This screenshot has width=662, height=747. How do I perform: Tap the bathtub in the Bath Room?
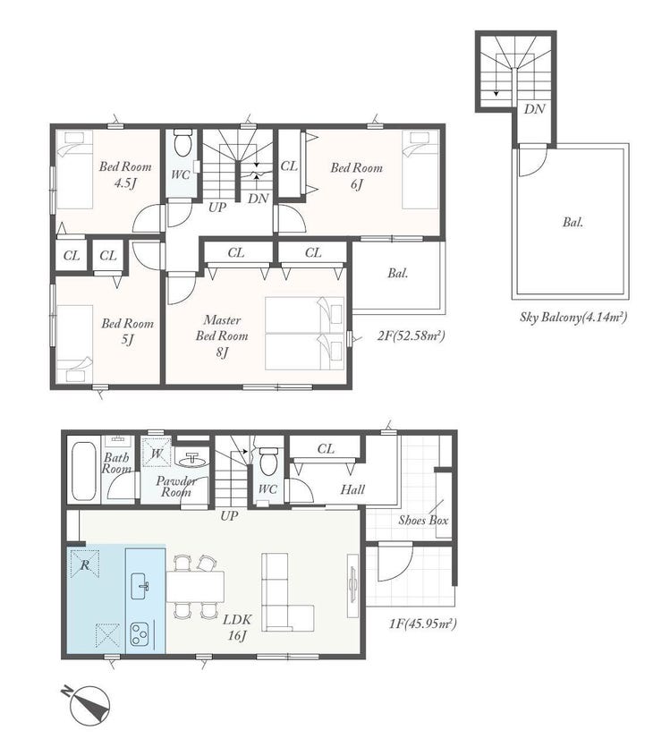pos(83,471)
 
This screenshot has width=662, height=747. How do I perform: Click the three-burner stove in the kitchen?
pos(140,633)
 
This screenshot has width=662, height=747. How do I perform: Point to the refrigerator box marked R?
pos(85,564)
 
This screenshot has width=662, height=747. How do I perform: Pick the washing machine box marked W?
pos(157,450)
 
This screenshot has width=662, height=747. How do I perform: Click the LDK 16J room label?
pos(237,627)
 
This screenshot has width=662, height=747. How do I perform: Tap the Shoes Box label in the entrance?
pos(423,521)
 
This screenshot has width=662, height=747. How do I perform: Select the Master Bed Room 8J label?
pos(222,335)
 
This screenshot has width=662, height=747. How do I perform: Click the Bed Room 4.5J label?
pos(125,174)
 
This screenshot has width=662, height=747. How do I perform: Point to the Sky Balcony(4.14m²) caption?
pos(573,318)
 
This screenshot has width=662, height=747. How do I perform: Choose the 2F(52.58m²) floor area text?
pos(411,336)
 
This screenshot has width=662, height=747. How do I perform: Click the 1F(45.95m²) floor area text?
pos(423,624)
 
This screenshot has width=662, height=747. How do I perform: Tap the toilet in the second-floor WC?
pos(182,142)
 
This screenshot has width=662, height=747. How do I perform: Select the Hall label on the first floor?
pos(352,489)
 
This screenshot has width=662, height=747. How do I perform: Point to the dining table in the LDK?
pos(195,586)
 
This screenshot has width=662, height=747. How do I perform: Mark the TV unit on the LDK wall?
pos(352,585)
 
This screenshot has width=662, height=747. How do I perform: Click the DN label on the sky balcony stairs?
pos(534,109)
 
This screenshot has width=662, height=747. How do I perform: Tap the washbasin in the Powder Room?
pos(191,460)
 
